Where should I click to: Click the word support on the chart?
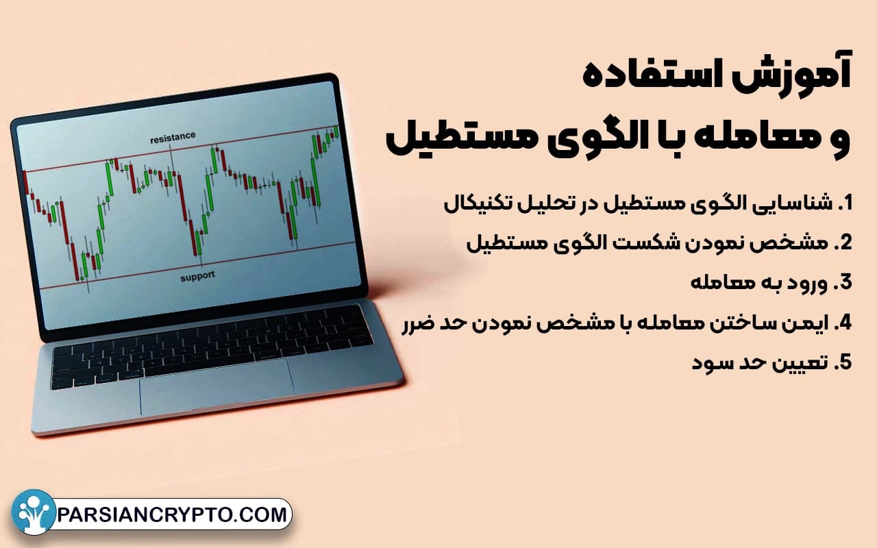197,276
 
